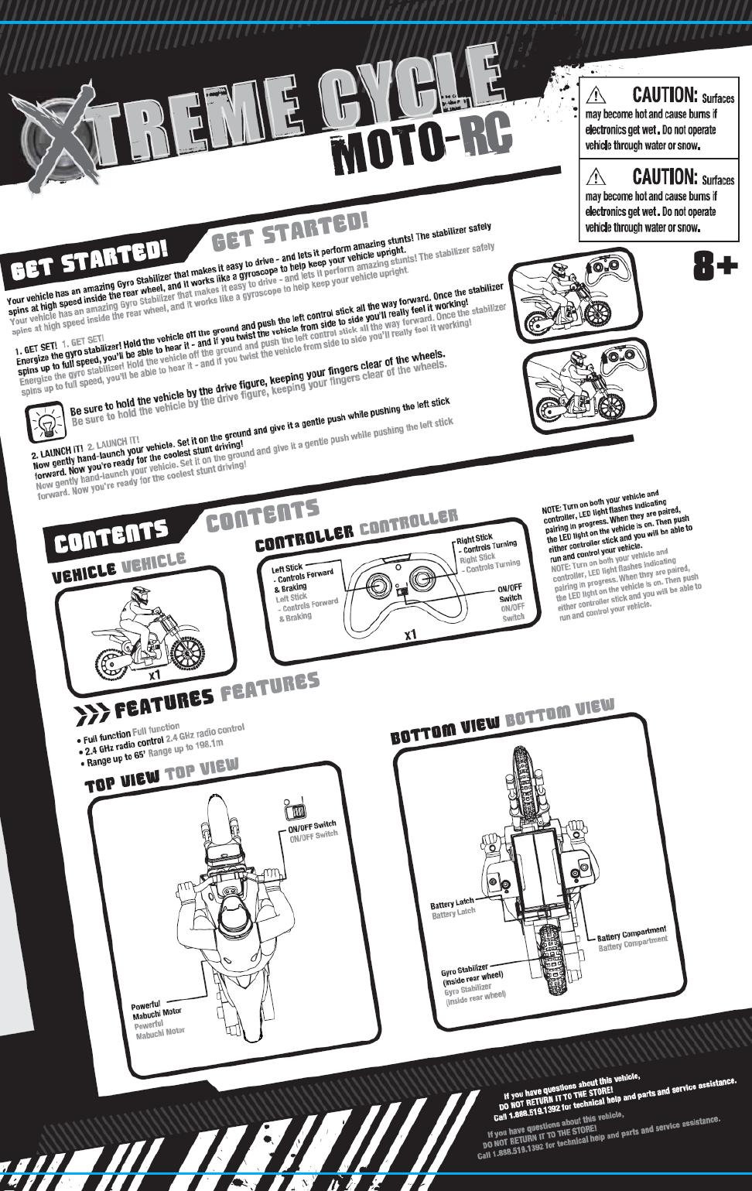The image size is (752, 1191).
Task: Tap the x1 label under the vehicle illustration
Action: coord(155,674)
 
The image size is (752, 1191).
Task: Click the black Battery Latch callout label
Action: coord(451,903)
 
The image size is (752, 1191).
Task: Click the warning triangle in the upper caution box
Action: coord(596,95)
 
